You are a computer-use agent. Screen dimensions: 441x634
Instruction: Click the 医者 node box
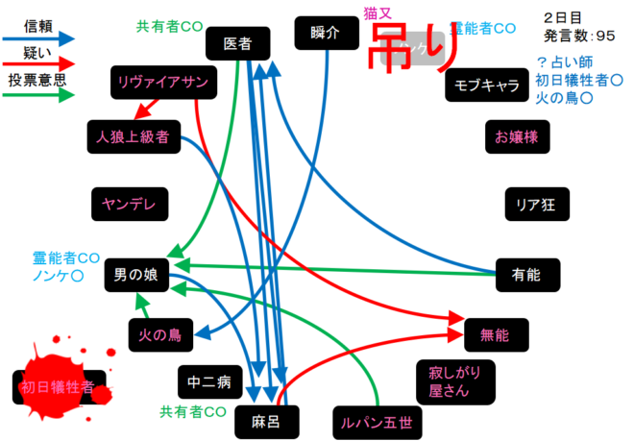tap(238, 43)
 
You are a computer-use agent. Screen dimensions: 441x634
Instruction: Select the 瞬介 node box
tap(326, 33)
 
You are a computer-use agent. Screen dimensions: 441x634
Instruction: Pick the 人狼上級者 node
tap(133, 136)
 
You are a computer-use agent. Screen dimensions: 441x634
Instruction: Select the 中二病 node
tap(209, 382)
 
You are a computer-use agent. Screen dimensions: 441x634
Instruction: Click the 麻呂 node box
tap(263, 421)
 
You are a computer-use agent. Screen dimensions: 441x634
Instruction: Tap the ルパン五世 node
tap(378, 421)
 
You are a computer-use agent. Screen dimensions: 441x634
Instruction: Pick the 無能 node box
tap(497, 334)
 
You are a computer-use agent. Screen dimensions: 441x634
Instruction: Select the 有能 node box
tap(525, 275)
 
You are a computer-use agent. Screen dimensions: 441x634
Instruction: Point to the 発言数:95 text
tap(577, 37)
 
